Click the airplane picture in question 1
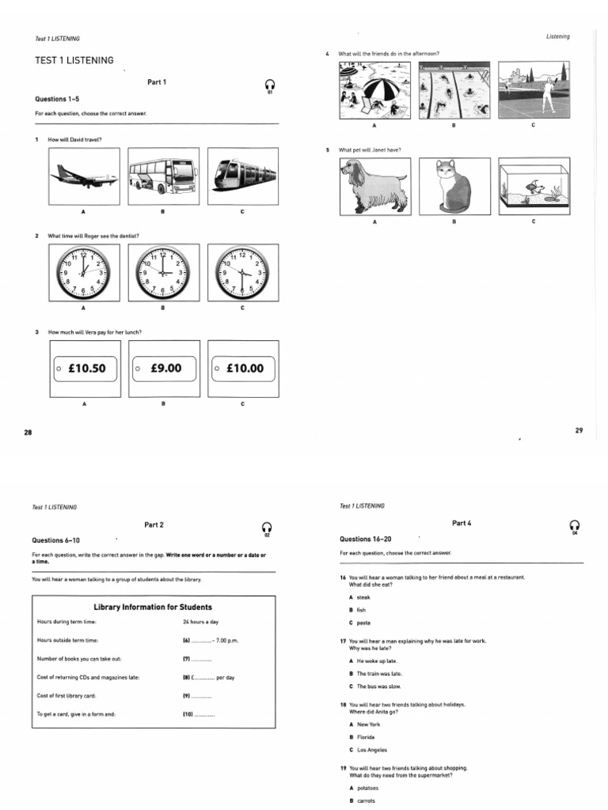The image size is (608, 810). coord(83,176)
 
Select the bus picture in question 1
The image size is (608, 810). coord(162,176)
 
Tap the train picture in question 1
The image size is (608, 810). coord(242,176)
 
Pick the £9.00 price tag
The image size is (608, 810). coord(163,369)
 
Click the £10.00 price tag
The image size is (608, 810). coord(243,369)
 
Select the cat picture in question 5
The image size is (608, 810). coord(454,187)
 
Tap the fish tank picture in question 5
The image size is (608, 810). coord(534,187)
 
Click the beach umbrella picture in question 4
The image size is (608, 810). coord(373,91)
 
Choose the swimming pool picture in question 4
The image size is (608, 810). coord(453,91)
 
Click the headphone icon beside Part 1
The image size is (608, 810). coord(270,85)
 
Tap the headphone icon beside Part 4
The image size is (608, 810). coord(576,526)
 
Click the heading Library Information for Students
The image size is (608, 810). coord(153,607)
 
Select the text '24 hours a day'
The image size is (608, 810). coord(199,622)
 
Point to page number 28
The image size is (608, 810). coord(28,433)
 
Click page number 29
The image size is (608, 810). coord(579,430)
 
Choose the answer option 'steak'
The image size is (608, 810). coord(364,597)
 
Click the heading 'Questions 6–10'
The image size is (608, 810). coord(55,539)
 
